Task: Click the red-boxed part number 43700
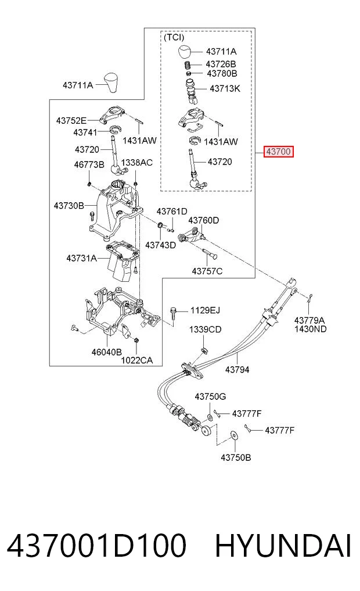coord(278,152)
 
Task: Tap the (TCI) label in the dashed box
coord(174,37)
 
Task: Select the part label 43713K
coord(225,88)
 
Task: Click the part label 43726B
coord(221,65)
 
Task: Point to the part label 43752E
coord(71,121)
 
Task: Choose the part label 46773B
coord(89,164)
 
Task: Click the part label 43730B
coord(69,206)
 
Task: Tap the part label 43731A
coord(82,258)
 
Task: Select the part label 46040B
coord(107,352)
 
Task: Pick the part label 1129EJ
coord(205,310)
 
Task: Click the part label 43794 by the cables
coord(237,370)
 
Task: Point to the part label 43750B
coord(236,457)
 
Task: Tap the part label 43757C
coord(207,271)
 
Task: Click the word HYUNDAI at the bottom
coord(283,546)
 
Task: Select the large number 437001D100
coord(97,546)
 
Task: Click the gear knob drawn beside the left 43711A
coord(112,83)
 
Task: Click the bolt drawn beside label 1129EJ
coord(173,313)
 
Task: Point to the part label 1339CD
coord(205,329)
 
